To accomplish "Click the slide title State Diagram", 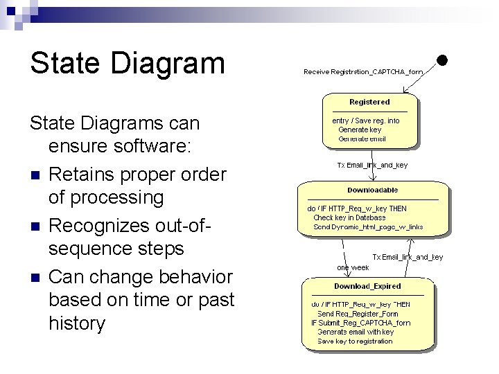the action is (127, 63).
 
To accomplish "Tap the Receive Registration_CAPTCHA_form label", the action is (363, 71).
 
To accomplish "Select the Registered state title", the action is (369, 102).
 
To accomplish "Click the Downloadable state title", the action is (373, 190).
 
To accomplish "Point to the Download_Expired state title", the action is (367, 286).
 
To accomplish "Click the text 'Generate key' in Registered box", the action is (359, 130).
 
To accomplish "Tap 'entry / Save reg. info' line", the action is (366, 121).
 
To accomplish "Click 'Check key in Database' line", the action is (349, 217).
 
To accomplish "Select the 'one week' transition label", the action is (353, 267).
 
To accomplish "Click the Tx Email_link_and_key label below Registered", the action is (372, 165).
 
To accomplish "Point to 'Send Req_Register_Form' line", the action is (358, 314).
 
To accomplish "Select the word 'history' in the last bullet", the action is (76, 323).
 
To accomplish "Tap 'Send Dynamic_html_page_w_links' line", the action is (368, 226).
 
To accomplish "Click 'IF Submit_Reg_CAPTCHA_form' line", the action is (360, 323).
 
